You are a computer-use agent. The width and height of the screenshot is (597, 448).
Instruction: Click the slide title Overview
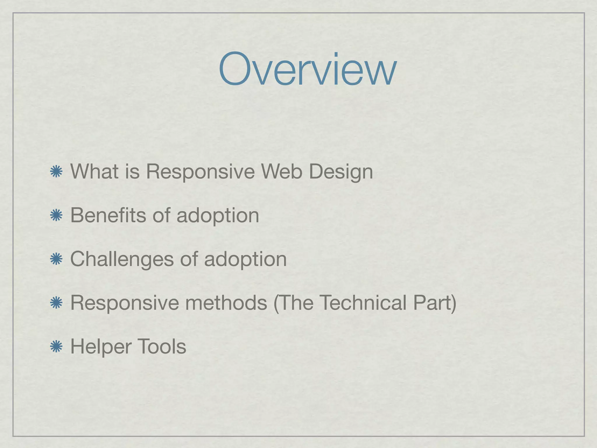308,69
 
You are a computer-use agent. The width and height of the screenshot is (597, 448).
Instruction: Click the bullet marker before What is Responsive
56,171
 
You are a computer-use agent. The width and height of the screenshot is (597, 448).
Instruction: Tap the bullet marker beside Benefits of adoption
56,216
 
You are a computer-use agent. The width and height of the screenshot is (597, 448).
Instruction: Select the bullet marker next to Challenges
56,259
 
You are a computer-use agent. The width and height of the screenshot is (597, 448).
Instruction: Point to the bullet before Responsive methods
56,303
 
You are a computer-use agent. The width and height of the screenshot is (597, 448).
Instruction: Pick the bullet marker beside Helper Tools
56,347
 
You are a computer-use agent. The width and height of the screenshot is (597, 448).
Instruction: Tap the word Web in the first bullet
281,171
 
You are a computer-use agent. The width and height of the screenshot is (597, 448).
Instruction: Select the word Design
341,172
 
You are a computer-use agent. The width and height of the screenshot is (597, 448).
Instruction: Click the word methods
226,303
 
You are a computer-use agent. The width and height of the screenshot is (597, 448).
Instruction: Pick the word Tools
161,346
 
